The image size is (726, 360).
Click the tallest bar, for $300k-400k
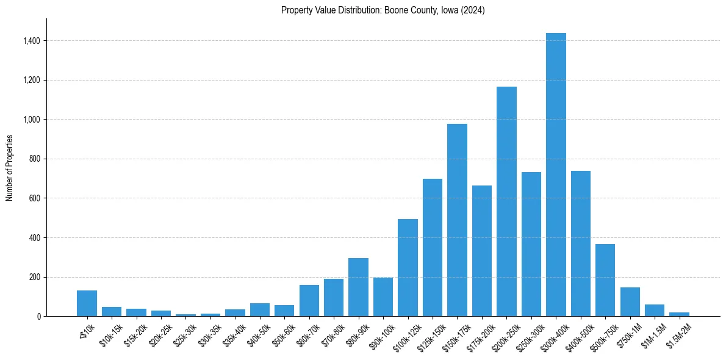point(556,175)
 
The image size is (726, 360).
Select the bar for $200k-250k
point(506,201)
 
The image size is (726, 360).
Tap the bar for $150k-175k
point(457,220)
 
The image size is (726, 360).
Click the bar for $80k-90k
point(358,287)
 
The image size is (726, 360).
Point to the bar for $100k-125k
point(408,267)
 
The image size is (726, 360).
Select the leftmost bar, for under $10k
point(87,303)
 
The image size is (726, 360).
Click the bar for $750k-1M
point(630,301)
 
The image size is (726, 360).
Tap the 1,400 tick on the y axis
point(31,41)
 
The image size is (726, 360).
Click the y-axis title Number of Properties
point(9,168)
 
